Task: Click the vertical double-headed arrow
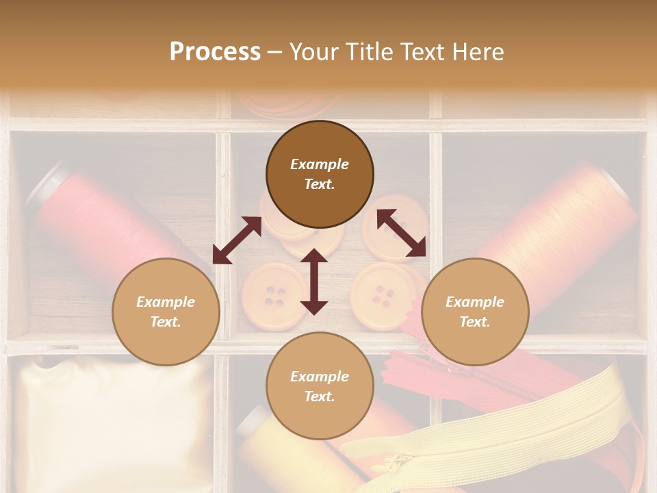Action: tap(314, 281)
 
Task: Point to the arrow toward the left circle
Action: tap(237, 240)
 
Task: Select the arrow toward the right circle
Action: tap(401, 233)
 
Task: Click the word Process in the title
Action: tap(215, 51)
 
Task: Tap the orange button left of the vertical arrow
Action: tap(274, 294)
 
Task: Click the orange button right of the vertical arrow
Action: tap(381, 294)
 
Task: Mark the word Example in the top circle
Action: tap(320, 164)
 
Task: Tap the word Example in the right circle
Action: tap(475, 302)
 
